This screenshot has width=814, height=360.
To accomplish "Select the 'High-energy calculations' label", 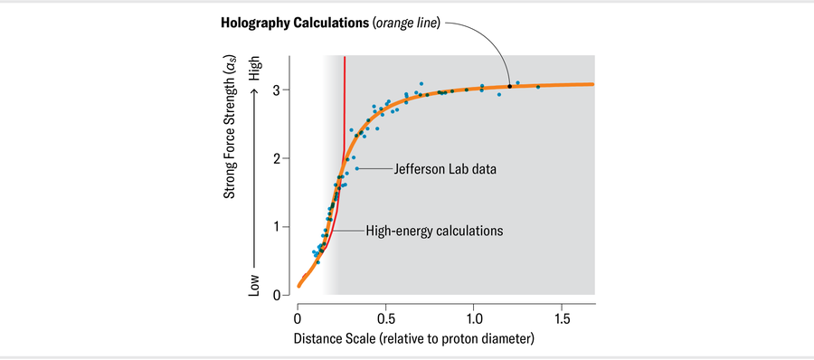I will click(434, 231).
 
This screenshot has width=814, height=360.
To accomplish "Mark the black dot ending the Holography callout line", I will click(509, 86).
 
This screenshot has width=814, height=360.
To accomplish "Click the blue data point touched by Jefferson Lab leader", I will click(357, 169).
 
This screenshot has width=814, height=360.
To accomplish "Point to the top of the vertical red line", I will click(345, 58).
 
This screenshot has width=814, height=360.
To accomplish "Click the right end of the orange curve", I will click(593, 84).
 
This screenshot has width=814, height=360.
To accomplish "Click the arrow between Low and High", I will click(255, 177).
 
